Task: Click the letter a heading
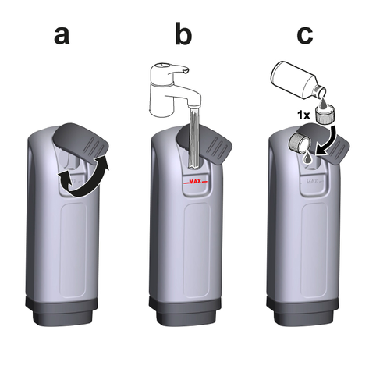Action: (62, 35)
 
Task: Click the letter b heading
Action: (183, 34)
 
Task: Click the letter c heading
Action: (304, 35)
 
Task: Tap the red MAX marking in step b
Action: (195, 182)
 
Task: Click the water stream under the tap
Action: (195, 139)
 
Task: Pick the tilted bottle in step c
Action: (298, 80)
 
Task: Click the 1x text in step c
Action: (303, 115)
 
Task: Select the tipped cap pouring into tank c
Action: (300, 143)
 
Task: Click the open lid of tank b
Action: (208, 143)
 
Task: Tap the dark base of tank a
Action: (62, 310)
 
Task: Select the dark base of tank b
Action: (185, 310)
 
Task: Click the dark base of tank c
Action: (303, 310)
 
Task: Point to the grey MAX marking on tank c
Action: (312, 182)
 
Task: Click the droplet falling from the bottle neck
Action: (321, 102)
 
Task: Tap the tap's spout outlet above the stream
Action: (194, 105)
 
